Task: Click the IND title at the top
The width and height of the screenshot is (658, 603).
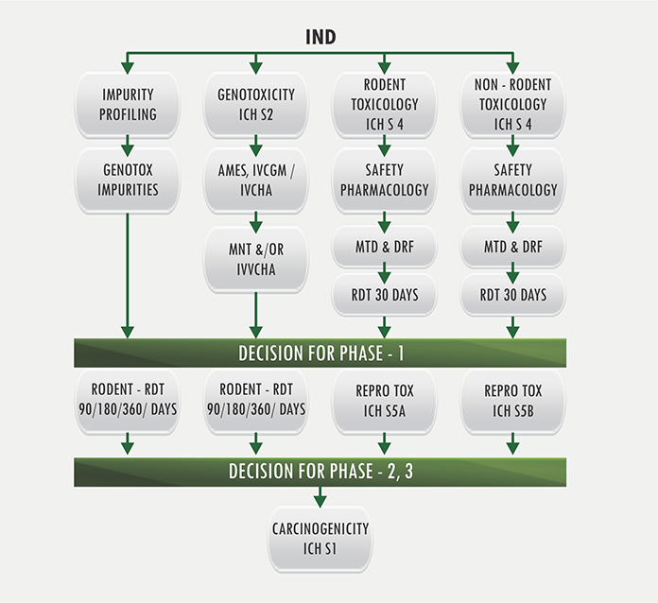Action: click(x=320, y=37)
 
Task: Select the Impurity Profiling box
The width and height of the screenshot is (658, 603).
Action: click(x=128, y=105)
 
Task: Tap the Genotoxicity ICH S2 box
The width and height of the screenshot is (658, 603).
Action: click(x=256, y=105)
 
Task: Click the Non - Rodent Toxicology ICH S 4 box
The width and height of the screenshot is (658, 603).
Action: click(x=512, y=105)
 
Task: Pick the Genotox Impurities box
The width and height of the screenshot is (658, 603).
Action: click(x=128, y=181)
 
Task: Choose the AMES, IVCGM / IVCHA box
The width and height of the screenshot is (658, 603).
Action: click(x=256, y=181)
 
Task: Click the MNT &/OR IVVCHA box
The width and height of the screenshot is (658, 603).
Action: click(x=256, y=259)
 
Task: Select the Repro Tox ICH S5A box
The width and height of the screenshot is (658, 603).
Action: click(x=385, y=402)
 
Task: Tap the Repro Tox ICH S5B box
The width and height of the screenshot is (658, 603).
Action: click(x=512, y=402)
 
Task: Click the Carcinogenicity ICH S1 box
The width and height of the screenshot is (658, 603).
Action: click(x=320, y=540)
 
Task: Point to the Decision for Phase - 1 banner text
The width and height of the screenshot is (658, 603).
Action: click(x=321, y=353)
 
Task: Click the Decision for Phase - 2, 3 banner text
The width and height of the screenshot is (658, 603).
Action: click(x=321, y=472)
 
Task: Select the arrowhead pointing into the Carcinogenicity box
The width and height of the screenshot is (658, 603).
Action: click(x=320, y=502)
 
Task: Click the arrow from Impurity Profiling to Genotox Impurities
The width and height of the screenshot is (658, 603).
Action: click(x=128, y=146)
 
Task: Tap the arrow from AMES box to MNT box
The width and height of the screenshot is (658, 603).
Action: click(x=256, y=222)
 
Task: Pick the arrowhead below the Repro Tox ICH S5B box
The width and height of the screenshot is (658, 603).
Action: click(x=512, y=448)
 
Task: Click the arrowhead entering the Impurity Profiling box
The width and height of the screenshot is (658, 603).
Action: click(x=128, y=68)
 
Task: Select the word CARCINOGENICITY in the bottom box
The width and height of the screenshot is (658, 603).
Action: click(x=320, y=528)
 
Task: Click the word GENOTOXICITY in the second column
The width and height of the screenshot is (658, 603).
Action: click(x=256, y=95)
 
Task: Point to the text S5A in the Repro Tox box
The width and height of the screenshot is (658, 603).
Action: click(x=394, y=411)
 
